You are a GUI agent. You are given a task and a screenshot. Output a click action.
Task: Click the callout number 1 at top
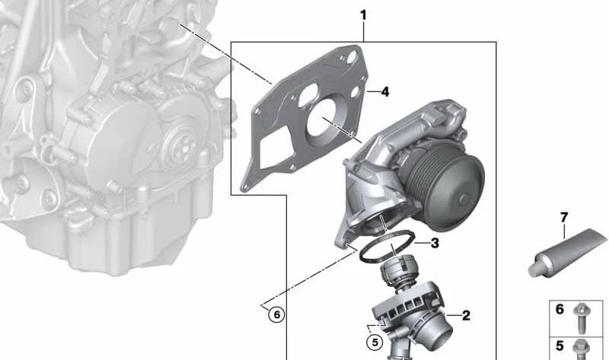click(x=363, y=14)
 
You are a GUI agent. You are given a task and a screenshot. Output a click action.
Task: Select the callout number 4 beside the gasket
click(x=384, y=91)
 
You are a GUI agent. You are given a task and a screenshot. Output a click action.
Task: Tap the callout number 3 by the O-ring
click(x=434, y=244)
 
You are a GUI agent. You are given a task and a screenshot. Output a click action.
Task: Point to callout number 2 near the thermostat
click(x=466, y=314)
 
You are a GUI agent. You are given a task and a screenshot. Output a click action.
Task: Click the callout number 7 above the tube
click(x=564, y=218)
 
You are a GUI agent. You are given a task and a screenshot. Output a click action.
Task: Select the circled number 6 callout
click(x=276, y=314)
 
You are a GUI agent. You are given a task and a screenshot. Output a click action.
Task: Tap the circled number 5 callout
click(x=374, y=342)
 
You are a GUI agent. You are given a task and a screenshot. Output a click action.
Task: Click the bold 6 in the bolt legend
click(x=560, y=310)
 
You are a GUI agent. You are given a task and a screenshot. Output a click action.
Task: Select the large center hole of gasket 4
click(x=324, y=130)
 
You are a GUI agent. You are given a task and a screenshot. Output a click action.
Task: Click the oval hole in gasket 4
click(x=310, y=98)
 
